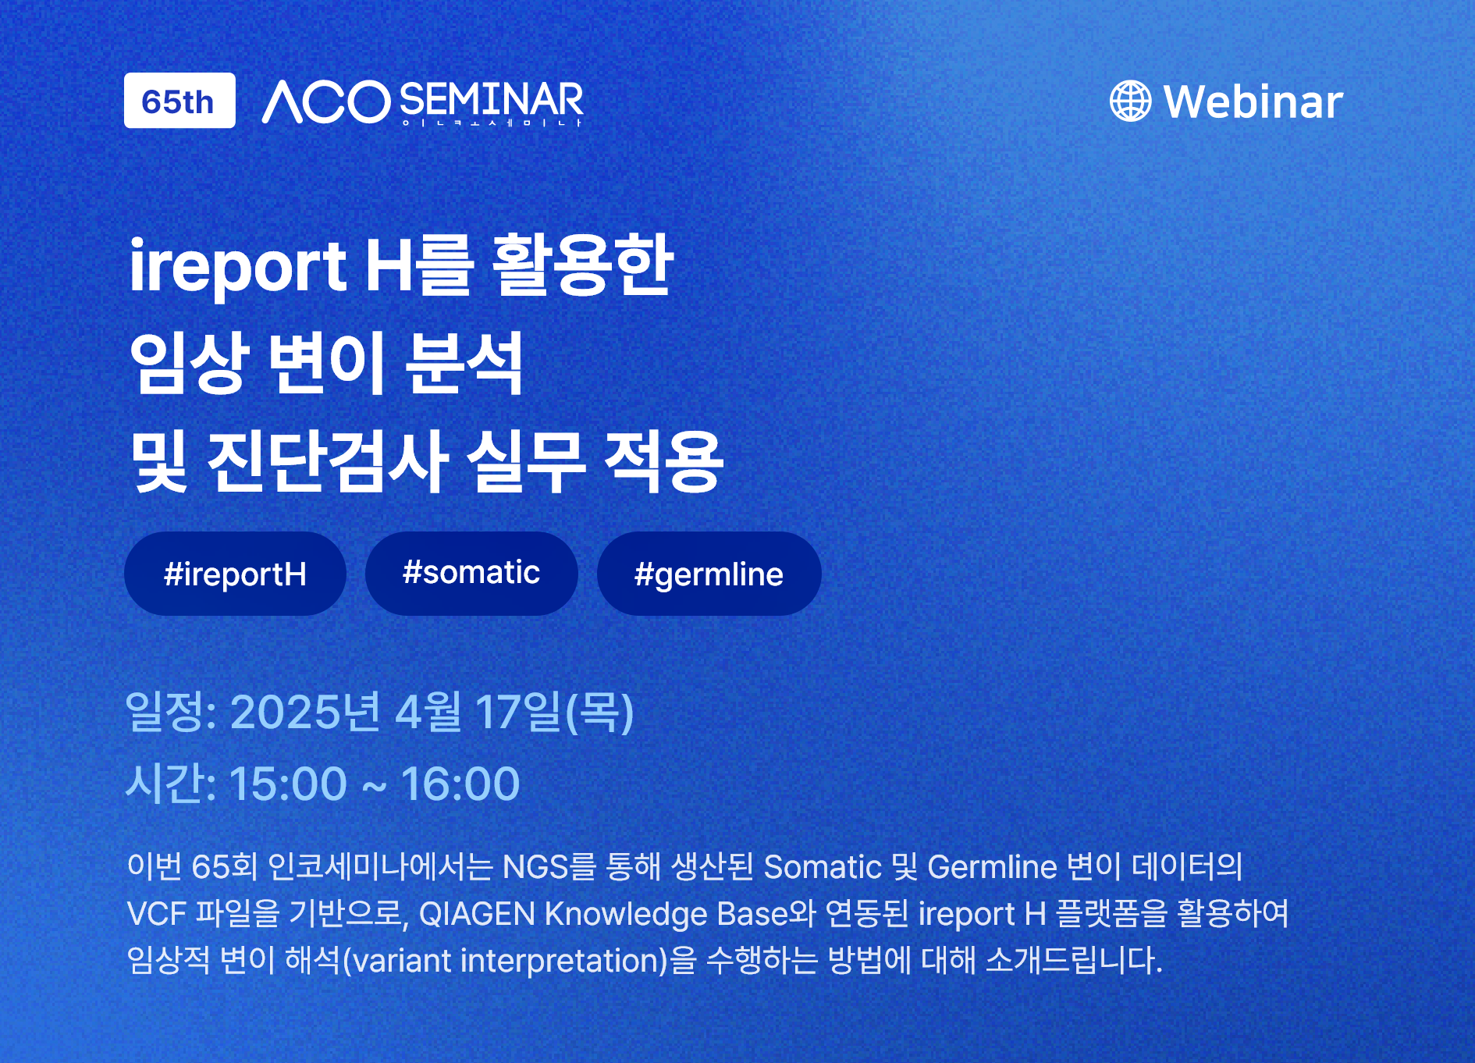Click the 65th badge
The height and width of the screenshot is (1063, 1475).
pos(179,101)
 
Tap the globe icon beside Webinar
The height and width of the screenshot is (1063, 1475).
pos(1130,101)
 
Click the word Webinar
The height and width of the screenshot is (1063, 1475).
pos(1253,101)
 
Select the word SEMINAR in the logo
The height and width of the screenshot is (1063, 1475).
pos(492,100)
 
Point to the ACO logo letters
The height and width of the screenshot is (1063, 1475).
pos(326,101)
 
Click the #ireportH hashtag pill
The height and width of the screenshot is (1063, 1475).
pos(235,574)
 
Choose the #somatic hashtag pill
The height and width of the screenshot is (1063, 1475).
pos(471,574)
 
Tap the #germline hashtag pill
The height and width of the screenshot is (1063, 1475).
pos(709,574)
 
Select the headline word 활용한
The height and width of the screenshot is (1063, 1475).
pos(582,265)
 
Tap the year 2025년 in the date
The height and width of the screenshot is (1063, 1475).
pos(305,712)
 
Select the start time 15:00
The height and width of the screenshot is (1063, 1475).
pos(288,784)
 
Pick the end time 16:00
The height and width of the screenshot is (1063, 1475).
pos(460,784)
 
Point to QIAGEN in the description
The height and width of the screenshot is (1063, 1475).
pos(477,914)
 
